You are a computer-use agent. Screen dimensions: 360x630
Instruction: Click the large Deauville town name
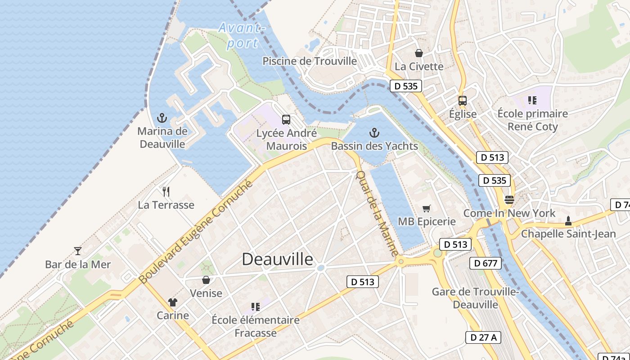277,259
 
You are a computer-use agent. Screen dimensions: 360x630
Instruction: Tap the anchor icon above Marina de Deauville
162,118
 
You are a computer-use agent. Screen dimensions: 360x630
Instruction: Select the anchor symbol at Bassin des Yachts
374,133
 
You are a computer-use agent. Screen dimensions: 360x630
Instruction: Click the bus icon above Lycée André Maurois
286,120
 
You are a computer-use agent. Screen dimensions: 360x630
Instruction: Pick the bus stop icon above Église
462,101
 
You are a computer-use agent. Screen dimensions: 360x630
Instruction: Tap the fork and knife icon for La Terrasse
166,192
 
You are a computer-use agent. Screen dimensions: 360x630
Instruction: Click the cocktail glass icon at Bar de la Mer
78,251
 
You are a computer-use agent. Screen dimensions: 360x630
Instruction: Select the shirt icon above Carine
172,302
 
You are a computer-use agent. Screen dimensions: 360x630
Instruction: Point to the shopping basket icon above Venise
206,280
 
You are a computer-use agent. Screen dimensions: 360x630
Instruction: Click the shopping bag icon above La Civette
419,53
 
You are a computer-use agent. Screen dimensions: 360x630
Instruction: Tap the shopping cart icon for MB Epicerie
426,208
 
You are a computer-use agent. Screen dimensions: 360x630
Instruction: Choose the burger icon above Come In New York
509,199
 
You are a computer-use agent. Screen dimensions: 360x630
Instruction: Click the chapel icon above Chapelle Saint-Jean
568,220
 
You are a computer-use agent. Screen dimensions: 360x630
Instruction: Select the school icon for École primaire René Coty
532,100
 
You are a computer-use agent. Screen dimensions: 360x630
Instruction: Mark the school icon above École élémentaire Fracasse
256,307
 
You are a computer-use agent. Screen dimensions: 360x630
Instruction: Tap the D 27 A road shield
483,337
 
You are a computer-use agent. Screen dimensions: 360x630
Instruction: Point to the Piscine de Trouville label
310,61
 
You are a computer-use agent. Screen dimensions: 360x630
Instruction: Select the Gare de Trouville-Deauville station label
475,298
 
